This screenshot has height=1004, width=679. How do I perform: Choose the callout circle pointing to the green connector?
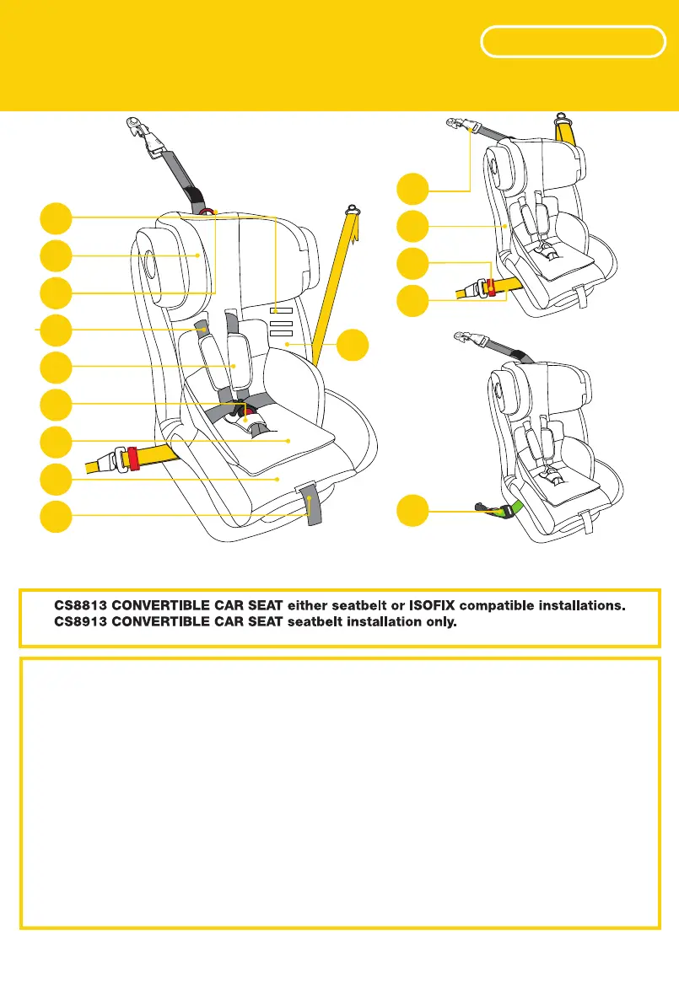413,511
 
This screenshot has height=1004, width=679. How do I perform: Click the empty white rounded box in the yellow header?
571,42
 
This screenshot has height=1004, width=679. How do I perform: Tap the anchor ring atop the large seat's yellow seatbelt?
352,207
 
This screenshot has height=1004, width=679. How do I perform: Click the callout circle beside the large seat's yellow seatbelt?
353,346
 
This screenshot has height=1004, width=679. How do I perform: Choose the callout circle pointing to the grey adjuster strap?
56,516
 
